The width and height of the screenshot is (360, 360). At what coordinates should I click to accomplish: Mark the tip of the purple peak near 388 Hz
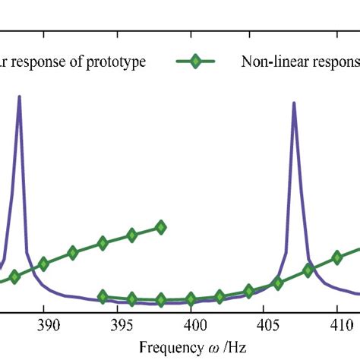[x=19, y=96]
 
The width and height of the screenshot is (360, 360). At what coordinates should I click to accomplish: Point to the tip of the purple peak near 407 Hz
[x=294, y=103]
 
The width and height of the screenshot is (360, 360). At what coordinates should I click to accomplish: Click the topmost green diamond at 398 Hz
[x=161, y=226]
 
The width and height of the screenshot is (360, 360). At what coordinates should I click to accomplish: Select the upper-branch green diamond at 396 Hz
[x=132, y=235]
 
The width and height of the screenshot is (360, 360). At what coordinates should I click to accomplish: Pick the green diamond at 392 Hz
[x=73, y=253]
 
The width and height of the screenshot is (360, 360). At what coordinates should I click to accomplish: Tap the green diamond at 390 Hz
[x=44, y=264]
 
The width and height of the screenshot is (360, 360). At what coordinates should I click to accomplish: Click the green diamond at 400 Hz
[x=191, y=298]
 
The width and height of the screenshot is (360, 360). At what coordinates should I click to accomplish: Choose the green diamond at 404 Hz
[x=249, y=291]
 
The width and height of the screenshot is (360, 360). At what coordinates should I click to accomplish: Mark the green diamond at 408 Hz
[x=308, y=270]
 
